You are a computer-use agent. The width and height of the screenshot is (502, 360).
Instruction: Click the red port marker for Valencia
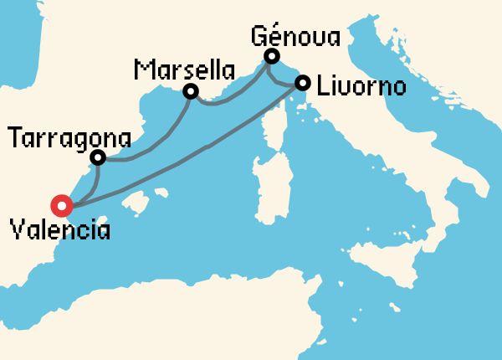click(61, 205)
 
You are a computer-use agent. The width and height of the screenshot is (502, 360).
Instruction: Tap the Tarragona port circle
click(98, 157)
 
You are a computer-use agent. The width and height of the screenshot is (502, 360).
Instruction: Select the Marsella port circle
click(191, 90)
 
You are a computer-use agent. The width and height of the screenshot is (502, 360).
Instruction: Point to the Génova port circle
click(271, 57)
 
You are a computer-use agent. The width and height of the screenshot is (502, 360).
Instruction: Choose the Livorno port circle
click(303, 83)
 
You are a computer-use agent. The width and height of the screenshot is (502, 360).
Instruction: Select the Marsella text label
click(177, 68)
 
